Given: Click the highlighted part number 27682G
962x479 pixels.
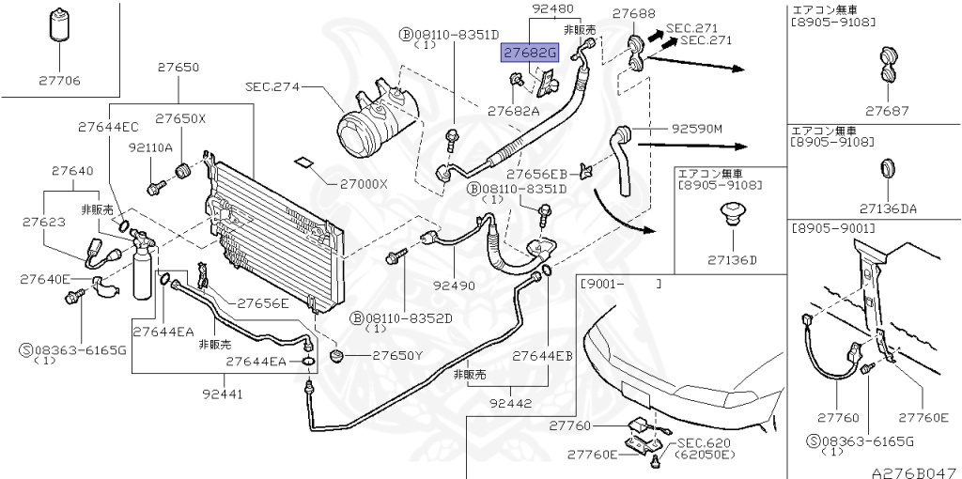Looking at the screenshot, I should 529,53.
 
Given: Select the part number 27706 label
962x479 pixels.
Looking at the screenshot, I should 55,81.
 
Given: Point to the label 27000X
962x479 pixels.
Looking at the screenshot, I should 357,184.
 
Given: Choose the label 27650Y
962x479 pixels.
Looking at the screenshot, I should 398,356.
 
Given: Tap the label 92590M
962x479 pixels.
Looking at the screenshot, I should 696,129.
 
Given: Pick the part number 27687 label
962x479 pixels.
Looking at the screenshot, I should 888,111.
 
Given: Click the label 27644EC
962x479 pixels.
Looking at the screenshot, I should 108,126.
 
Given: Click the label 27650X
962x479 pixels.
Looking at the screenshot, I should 180,119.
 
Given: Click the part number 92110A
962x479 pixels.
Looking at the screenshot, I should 150,147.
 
